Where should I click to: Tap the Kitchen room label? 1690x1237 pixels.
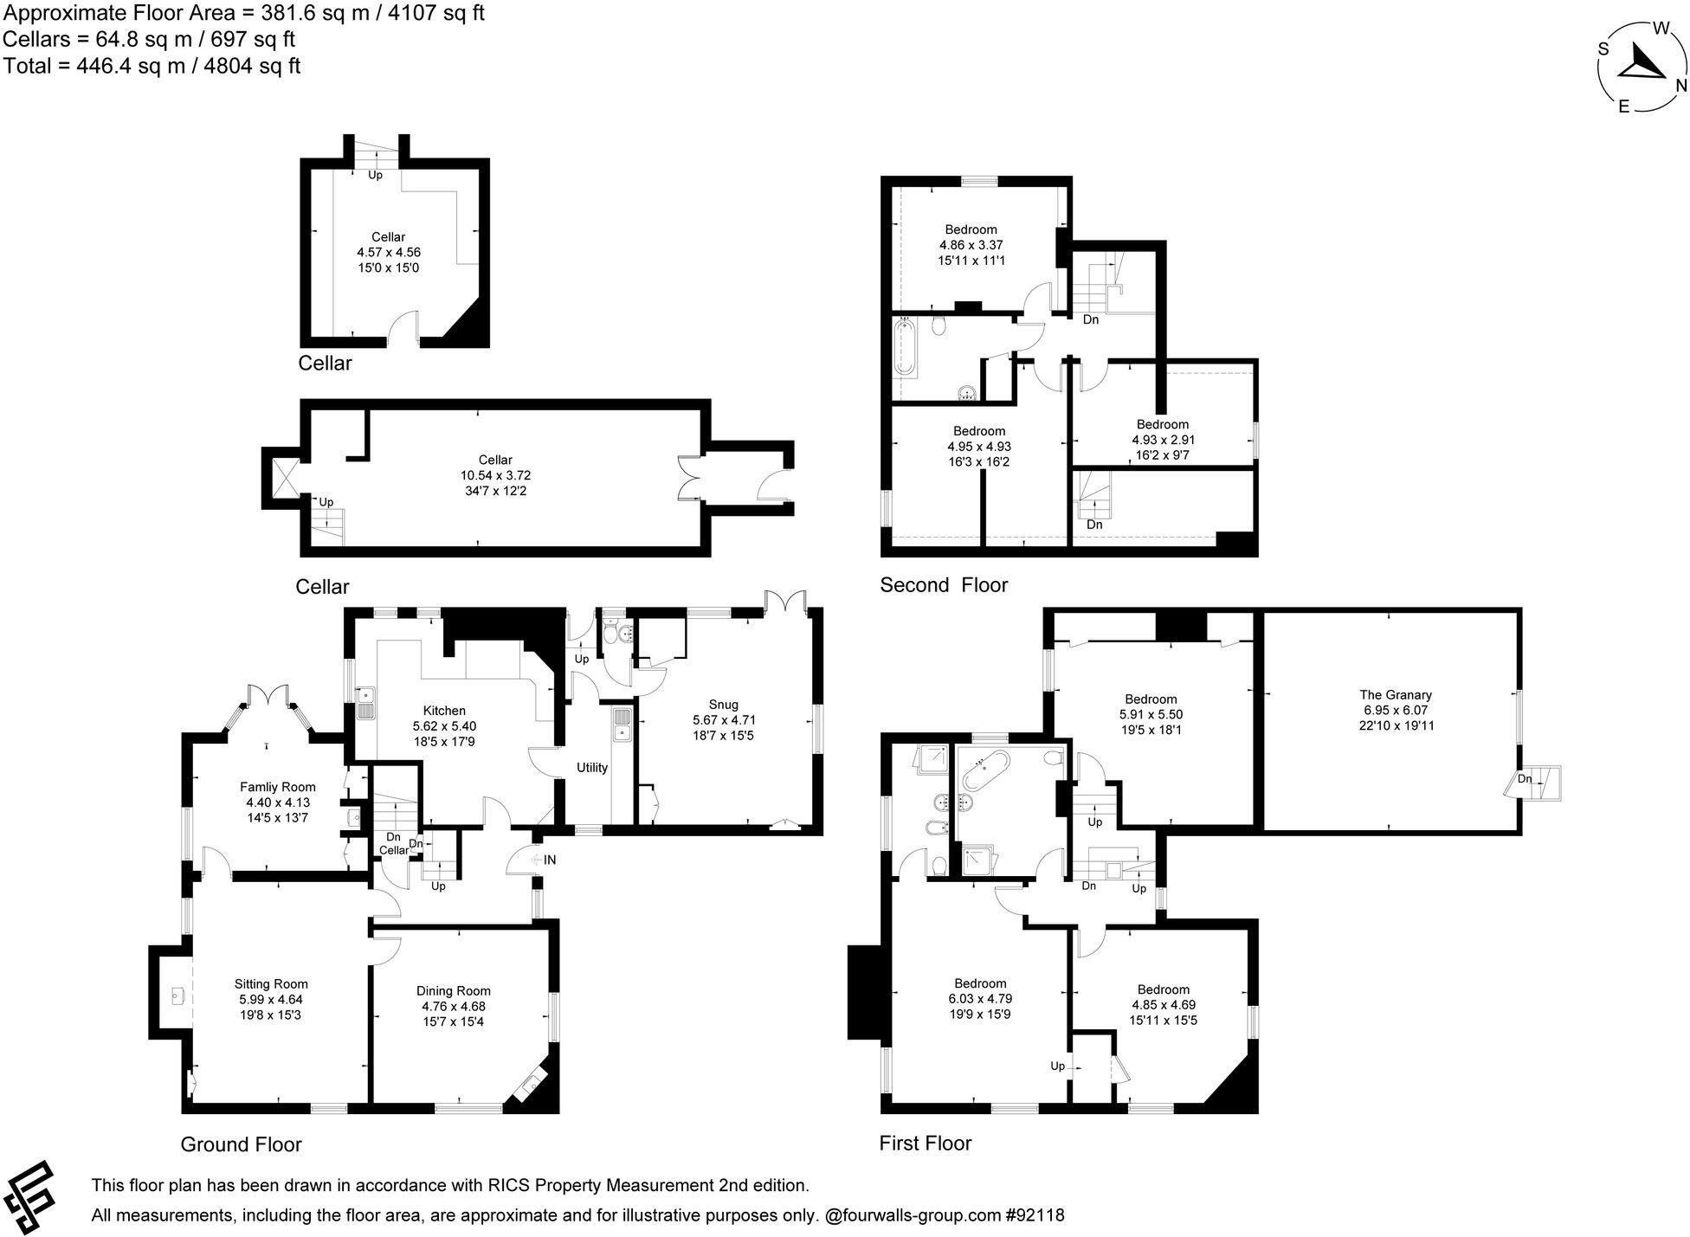pos(444,711)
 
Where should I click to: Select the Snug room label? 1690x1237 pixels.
pos(723,704)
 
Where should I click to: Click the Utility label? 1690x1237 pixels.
pos(592,768)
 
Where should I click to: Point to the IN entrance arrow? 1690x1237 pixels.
pos(545,860)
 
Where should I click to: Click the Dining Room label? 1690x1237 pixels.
pos(453,991)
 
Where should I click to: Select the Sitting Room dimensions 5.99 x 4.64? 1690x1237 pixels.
pos(271,999)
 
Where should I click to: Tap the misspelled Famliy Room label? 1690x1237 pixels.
pos(277,787)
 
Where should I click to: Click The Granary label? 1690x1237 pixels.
pos(1396,694)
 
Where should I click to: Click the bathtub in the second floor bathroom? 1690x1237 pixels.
pos(905,348)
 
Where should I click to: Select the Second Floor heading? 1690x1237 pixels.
pos(944,585)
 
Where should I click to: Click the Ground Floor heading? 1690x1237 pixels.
pos(241,1144)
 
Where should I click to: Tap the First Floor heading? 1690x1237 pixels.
pos(925,1144)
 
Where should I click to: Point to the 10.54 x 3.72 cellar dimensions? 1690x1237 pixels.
pos(495,475)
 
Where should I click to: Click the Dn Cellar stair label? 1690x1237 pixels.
pos(393,844)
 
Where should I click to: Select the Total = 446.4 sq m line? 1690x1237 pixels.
pos(152,66)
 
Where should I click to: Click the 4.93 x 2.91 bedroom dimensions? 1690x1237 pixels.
pos(1163,440)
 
